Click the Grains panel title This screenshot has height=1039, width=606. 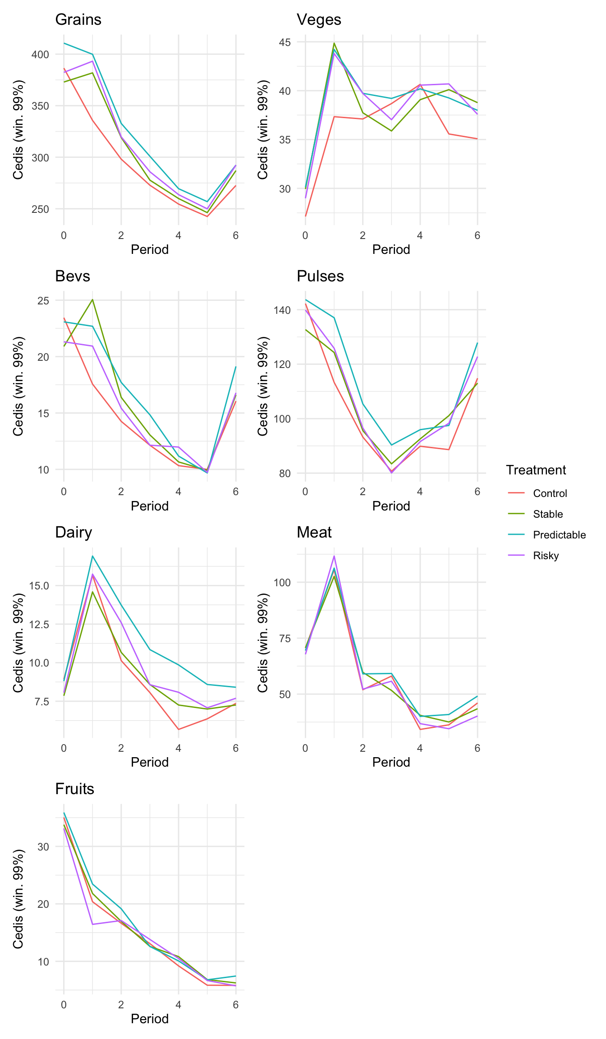point(78,20)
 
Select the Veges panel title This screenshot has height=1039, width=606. point(319,20)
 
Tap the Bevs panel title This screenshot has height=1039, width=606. point(73,276)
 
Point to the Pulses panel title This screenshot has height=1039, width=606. point(320,276)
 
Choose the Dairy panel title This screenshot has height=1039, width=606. point(73,533)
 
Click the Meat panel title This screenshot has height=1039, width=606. point(314,533)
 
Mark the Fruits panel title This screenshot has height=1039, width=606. point(74,789)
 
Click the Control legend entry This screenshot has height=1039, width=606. point(550,493)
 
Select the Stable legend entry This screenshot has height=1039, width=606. point(548,514)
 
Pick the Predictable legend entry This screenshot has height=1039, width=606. point(559,535)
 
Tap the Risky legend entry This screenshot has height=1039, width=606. point(546,556)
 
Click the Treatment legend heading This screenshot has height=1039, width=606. point(536,470)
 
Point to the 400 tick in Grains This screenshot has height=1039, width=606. point(40,55)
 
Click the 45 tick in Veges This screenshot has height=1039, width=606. point(285,42)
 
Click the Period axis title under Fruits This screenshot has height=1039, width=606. point(150,1019)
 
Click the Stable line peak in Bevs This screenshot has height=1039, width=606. point(92,299)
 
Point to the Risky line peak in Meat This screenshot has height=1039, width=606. point(334,556)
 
